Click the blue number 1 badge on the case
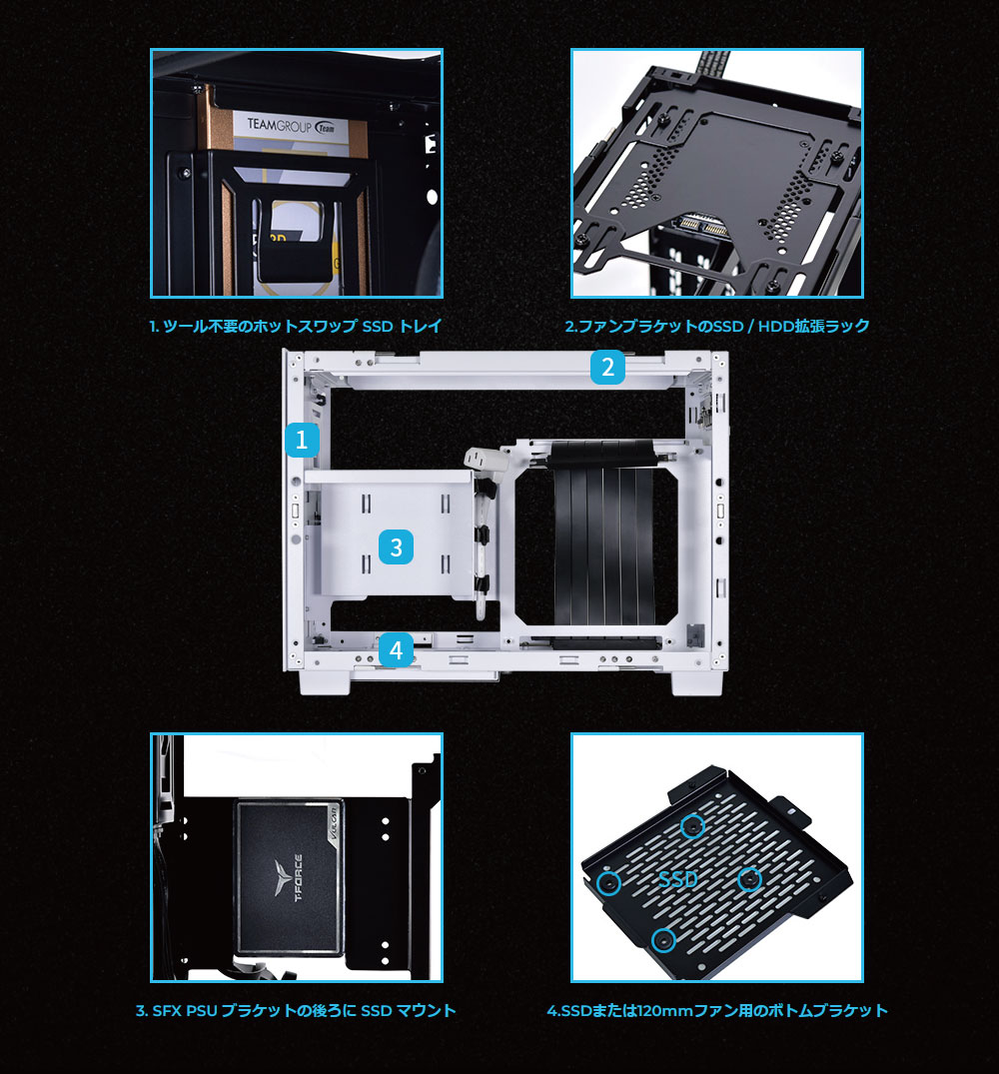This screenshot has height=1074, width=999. pyautogui.click(x=302, y=440)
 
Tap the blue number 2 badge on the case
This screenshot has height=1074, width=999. pyautogui.click(x=607, y=367)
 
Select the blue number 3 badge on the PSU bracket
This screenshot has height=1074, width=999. pyautogui.click(x=396, y=546)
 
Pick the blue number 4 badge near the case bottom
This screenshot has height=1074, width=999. pyautogui.click(x=396, y=650)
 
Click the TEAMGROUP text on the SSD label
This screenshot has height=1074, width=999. pyautogui.click(x=280, y=125)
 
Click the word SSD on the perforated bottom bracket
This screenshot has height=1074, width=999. pyautogui.click(x=678, y=879)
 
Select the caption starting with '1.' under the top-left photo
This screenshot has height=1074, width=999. pyautogui.click(x=296, y=326)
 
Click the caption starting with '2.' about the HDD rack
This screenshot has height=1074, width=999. pyautogui.click(x=717, y=326)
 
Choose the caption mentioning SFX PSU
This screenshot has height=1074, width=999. pyautogui.click(x=296, y=1010)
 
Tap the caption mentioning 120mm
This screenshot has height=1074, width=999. pyautogui.click(x=717, y=1010)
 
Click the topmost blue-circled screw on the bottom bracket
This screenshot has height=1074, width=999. pyautogui.click(x=693, y=826)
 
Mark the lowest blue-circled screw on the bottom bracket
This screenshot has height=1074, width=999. pyautogui.click(x=662, y=940)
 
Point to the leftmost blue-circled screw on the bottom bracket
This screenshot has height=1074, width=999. pyautogui.click(x=608, y=882)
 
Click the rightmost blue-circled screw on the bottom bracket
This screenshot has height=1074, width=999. pyautogui.click(x=750, y=878)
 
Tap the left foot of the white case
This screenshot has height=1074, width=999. pyautogui.click(x=326, y=682)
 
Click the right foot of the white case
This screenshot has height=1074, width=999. pyautogui.click(x=697, y=682)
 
